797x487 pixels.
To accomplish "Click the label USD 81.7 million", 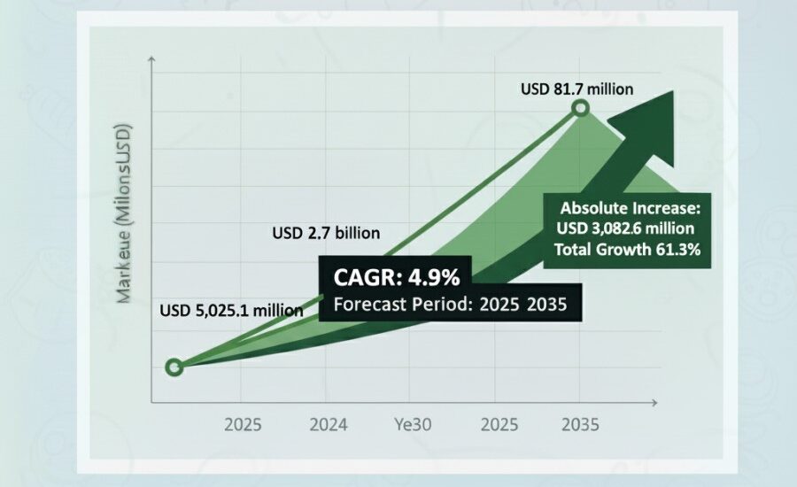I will (576, 89).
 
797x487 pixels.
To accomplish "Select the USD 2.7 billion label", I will (325, 234).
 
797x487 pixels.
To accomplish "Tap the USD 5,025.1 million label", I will (231, 311).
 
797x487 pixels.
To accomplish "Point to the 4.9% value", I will (434, 278).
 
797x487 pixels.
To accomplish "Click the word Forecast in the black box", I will (368, 305).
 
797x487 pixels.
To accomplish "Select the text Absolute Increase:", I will (631, 210).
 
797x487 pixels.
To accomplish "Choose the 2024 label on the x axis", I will (328, 425).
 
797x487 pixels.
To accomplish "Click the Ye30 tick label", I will (413, 425).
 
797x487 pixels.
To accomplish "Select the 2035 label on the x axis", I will (580, 425).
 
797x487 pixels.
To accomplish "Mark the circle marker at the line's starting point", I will (174, 367).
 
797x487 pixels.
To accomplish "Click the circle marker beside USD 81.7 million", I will (580, 109).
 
